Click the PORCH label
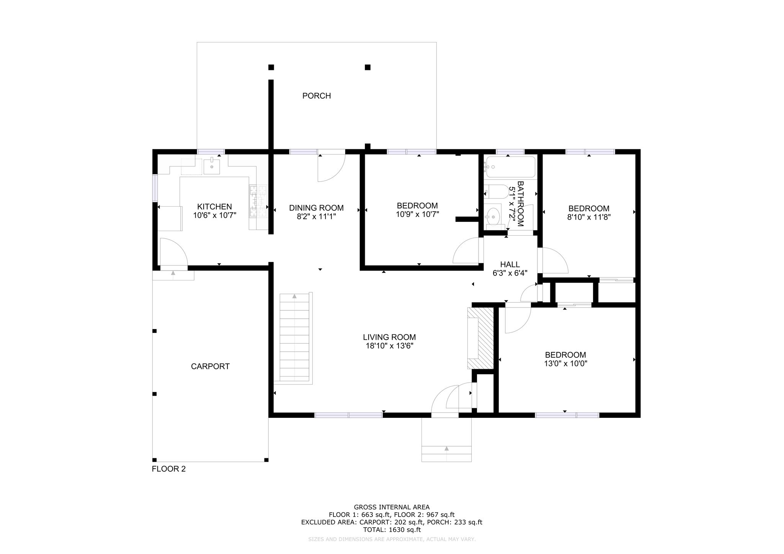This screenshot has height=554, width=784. point(317,96)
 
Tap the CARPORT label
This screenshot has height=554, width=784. point(210,367)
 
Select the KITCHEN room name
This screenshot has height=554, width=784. point(214,207)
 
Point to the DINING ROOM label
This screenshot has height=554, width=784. point(316,208)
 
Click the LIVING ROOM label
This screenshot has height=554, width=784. point(389,337)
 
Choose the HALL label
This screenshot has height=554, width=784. point(510,264)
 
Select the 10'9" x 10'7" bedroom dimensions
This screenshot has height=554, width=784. point(417,214)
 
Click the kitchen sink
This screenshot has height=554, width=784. point(212,166)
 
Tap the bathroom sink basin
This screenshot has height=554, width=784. point(493,217)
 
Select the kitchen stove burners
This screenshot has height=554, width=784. point(258,201)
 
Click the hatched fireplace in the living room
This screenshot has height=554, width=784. point(480,338)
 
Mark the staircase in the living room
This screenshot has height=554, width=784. point(295,337)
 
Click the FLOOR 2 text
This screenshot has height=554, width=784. point(169,469)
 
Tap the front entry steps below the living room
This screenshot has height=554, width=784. point(446,440)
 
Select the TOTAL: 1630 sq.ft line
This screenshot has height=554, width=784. point(392,530)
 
